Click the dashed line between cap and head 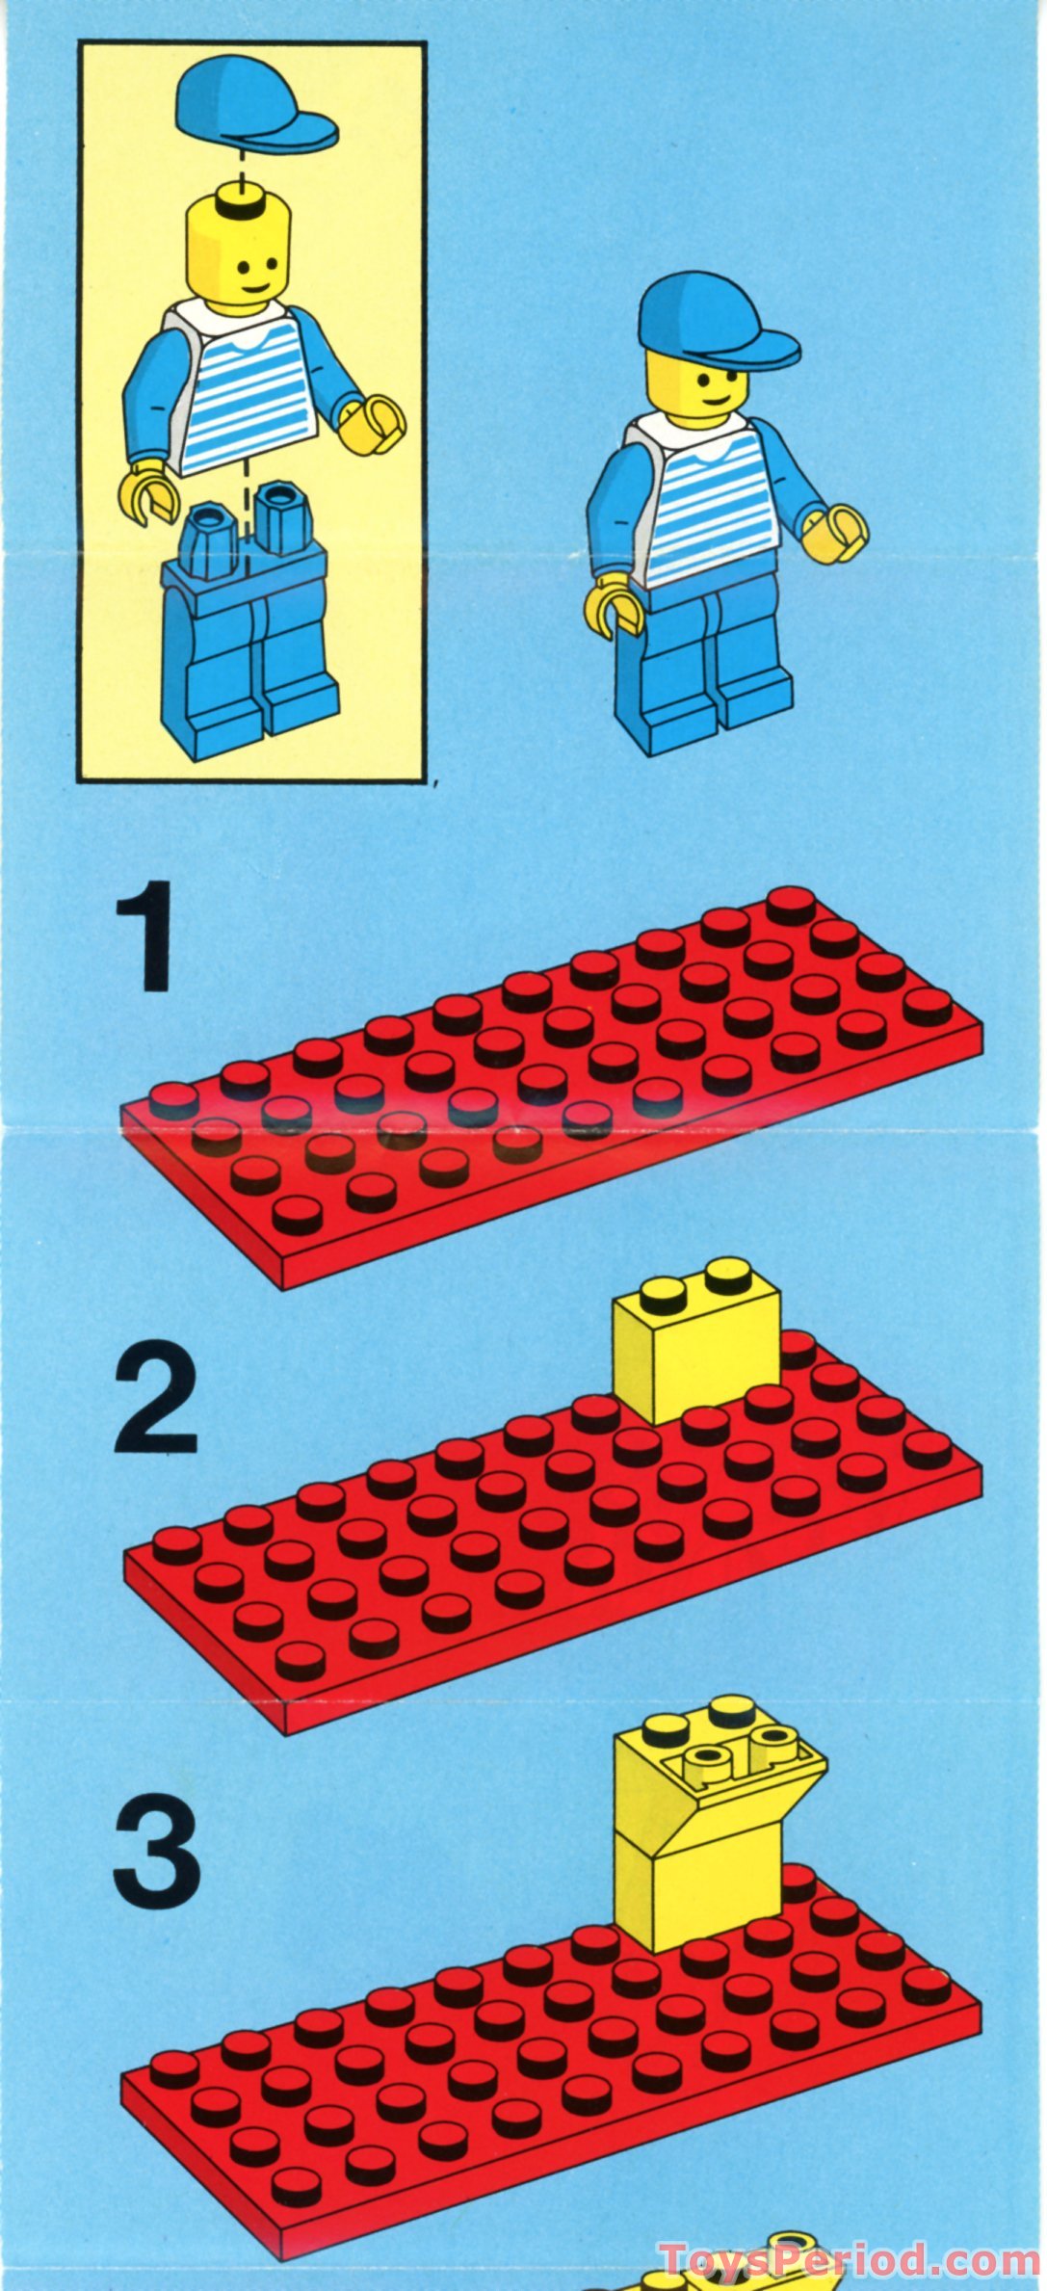tap(240, 164)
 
